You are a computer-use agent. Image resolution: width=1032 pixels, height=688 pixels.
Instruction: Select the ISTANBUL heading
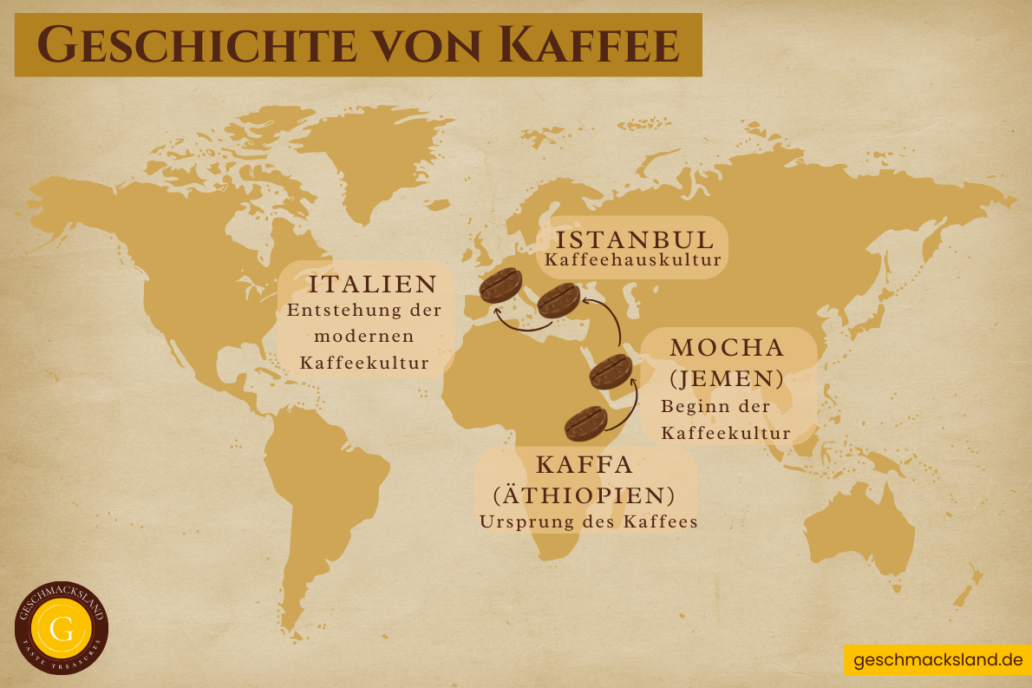pyautogui.click(x=635, y=239)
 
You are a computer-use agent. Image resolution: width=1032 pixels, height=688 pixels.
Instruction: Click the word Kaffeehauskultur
pyautogui.click(x=632, y=259)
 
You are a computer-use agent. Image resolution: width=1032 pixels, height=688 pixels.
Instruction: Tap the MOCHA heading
pyautogui.click(x=727, y=348)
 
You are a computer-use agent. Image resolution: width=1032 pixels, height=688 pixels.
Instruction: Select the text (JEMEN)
pyautogui.click(x=727, y=378)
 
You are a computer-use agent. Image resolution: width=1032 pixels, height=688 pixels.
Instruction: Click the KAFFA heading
pyautogui.click(x=585, y=464)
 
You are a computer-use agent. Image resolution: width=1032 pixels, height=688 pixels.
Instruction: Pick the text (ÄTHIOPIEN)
pyautogui.click(x=585, y=495)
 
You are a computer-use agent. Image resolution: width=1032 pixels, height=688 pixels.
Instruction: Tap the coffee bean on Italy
pyautogui.click(x=500, y=285)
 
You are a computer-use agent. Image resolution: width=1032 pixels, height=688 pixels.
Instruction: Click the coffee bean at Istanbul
pyautogui.click(x=558, y=300)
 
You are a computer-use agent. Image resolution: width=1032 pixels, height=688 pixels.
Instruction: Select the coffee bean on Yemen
pyautogui.click(x=611, y=371)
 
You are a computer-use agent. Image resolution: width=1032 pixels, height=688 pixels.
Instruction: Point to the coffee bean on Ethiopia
pyautogui.click(x=585, y=423)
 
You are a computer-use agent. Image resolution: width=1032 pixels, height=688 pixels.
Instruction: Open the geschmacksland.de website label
pyautogui.click(x=937, y=660)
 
